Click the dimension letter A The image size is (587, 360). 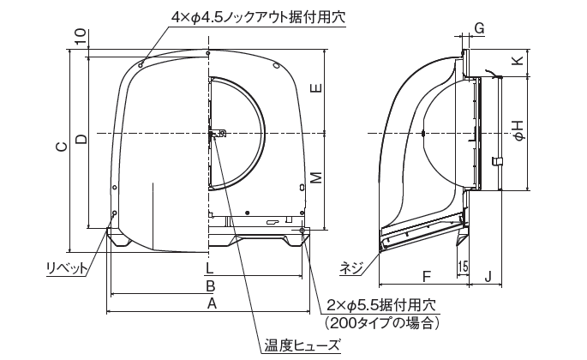pyautogui.click(x=213, y=303)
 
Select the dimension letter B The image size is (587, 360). pyautogui.click(x=211, y=286)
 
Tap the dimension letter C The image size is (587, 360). pyautogui.click(x=63, y=147)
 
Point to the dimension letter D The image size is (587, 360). pyautogui.click(x=81, y=139)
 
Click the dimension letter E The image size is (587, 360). pyautogui.click(x=317, y=88)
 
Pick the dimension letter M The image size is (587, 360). pyautogui.click(x=317, y=177)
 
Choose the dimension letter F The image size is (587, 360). pyautogui.click(x=426, y=277)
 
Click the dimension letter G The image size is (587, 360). pyautogui.click(x=479, y=28)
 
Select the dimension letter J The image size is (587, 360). pyautogui.click(x=488, y=277)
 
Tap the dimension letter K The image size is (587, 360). pyautogui.click(x=518, y=61)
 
